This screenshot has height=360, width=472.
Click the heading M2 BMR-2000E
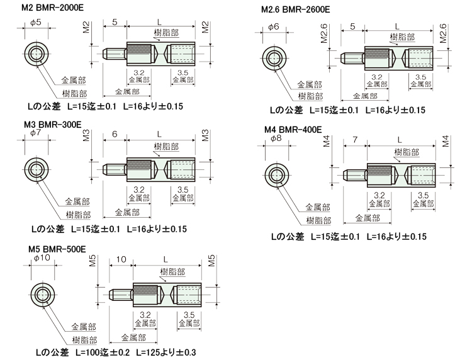pyautogui.click(x=52, y=7)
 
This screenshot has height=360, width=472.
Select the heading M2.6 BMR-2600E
pyautogui.click(x=295, y=10)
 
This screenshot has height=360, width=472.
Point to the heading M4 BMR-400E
pyautogui.click(x=293, y=129)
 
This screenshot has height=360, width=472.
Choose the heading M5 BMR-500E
pyautogui.click(x=59, y=249)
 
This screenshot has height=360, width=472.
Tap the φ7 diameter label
pyautogui.click(x=35, y=133)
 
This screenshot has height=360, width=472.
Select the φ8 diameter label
pyautogui.click(x=274, y=138)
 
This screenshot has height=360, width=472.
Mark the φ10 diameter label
pyautogui.click(x=42, y=257)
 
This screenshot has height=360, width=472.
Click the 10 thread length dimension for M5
pyautogui.click(x=121, y=259)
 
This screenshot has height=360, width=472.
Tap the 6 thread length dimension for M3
pyautogui.click(x=114, y=135)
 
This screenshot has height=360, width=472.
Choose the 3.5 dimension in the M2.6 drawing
pyautogui.click(x=420, y=77)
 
